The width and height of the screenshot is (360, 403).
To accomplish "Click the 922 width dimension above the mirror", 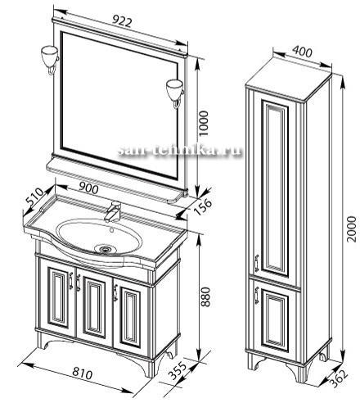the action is coord(123,21).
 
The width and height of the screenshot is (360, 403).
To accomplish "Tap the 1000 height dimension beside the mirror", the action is coord(204,124).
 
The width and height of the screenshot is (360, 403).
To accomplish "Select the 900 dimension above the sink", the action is coord(88,188).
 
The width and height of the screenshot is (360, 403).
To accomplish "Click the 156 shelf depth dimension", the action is coord(202,207).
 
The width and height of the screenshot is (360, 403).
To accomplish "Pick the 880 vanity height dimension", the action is coord(207,297).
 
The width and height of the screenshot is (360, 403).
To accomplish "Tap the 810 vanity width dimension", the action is coord(83,373).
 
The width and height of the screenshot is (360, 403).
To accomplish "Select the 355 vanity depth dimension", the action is coord(178,371).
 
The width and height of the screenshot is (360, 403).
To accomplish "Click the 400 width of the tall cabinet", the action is coord(302,51).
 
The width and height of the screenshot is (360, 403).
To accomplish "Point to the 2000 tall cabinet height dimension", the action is coord(352,229).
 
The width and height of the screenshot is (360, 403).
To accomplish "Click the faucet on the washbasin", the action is coord(113,211).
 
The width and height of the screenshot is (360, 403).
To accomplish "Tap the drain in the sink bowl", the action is coord(104,249).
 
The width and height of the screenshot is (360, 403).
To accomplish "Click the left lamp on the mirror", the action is coord(50,60).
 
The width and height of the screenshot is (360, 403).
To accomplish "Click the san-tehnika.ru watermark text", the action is coord(180,150).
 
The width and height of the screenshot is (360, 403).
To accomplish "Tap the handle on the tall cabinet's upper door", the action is coord(257,263).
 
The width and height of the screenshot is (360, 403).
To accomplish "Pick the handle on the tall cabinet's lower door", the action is coord(256,295).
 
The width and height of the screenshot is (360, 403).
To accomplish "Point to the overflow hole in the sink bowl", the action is coord(111,230).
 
